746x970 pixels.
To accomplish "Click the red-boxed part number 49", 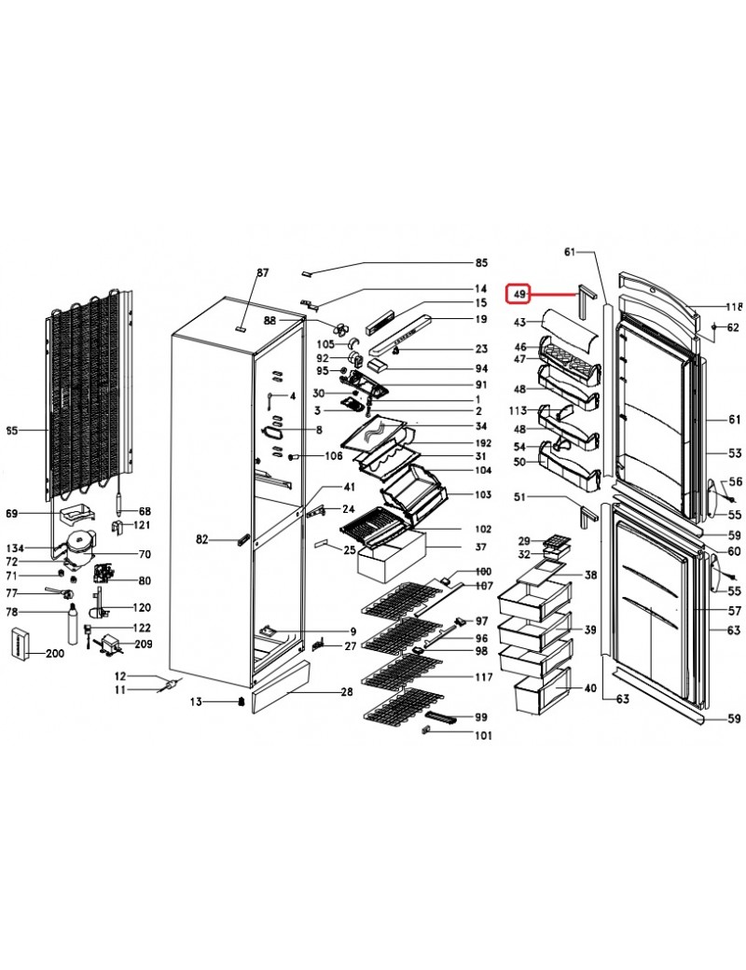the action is click(x=520, y=295).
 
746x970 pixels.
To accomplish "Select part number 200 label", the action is click(x=55, y=653).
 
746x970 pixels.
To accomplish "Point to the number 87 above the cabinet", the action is click(x=263, y=272).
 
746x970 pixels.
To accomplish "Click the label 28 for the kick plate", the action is click(x=346, y=692).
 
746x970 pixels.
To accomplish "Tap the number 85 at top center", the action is click(x=481, y=263).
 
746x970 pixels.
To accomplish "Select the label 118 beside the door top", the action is click(x=734, y=306).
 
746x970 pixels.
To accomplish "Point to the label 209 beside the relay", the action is click(x=144, y=644).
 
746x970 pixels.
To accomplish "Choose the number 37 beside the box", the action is click(x=480, y=547).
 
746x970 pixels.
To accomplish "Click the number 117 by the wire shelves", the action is click(x=484, y=677).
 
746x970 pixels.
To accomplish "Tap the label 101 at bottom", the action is click(x=483, y=736).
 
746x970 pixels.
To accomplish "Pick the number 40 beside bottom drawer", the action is click(x=590, y=688).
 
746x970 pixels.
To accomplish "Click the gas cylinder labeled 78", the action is click(x=73, y=624).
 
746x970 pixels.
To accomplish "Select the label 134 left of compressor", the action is click(x=15, y=548).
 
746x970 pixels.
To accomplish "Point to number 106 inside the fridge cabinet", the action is click(x=334, y=456).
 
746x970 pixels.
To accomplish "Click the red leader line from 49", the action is click(x=552, y=295).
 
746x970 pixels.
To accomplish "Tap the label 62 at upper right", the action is click(x=732, y=327).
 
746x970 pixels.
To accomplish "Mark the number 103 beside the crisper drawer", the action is click(x=483, y=494).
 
